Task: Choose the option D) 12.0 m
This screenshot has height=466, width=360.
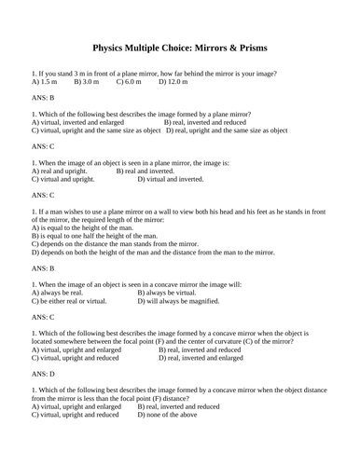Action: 173,82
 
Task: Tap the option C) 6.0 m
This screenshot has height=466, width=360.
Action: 130,82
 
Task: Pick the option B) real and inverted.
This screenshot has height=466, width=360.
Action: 145,171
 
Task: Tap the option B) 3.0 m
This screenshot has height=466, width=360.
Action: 87,82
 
